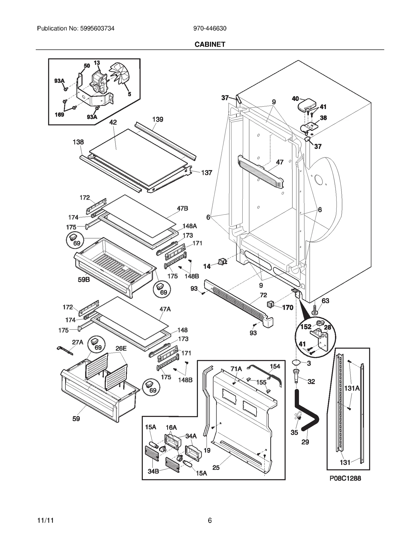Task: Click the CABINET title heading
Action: coord(210,44)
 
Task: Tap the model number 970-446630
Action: coord(210,28)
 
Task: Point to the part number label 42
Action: coord(113,122)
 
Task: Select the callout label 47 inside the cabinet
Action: coord(280,162)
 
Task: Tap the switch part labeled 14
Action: coord(222,262)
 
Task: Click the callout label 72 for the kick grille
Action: coord(263,295)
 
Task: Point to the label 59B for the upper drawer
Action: coord(84,279)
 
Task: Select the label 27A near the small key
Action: coord(77,342)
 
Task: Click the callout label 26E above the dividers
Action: coord(121,348)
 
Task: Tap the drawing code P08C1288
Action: coord(345,478)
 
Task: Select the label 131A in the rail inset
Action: coord(352,388)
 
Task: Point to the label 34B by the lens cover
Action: coord(153,471)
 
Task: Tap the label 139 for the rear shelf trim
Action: coord(157,119)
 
